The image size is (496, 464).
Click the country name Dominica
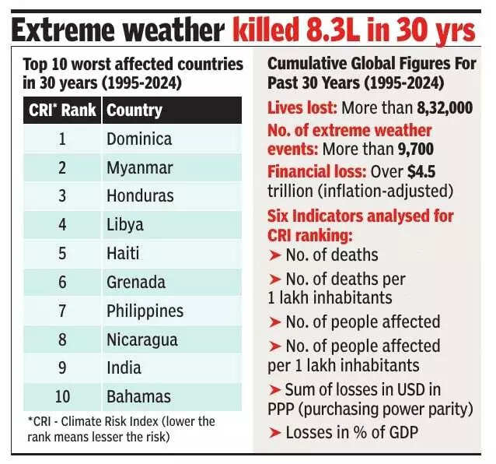pos(139,140)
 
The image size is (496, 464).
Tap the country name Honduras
pos(140,197)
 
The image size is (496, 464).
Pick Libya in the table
pos(125,225)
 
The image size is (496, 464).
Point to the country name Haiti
pos(123,254)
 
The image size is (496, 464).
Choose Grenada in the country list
pos(136,282)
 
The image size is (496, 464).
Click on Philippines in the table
pos(145,311)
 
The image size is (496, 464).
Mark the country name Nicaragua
pos(142,339)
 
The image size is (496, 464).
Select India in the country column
pos(124,367)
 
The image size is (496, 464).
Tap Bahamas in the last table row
pos(138,396)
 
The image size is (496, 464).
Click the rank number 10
pos(62,396)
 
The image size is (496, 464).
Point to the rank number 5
pos(62,254)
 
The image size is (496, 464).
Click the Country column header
pos(134,111)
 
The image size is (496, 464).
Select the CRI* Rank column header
pos(61,111)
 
